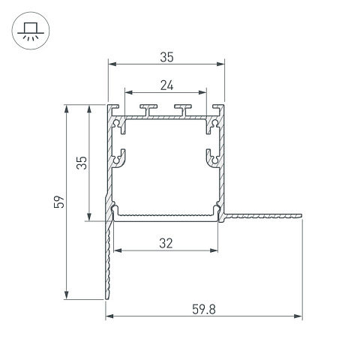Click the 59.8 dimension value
[204, 309]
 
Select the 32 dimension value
[166, 243]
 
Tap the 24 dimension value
[166, 85]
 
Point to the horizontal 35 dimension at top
[166, 57]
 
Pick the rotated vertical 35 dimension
[82, 163]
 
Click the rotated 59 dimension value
[59, 202]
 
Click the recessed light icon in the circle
[31, 31]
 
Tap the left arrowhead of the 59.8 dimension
[109, 316]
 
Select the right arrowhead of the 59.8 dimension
[298, 316]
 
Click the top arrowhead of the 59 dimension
[67, 109]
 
